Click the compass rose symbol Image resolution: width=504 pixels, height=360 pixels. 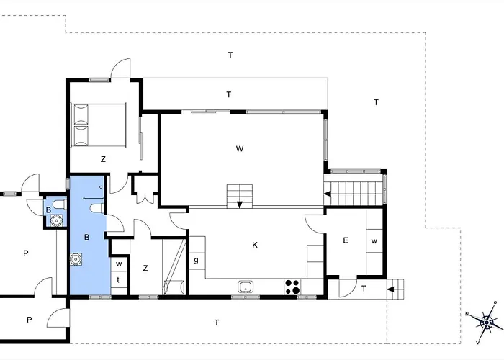coord(486,322)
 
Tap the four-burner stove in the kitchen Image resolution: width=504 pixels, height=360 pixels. coord(292,287)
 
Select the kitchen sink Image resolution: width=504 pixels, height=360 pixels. coord(246,287)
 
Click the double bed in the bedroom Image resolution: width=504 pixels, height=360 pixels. coord(99,125)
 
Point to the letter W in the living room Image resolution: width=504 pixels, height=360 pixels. coord(240,149)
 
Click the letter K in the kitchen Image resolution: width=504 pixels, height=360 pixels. coord(255,246)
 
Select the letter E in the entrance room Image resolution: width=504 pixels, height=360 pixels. coord(346,240)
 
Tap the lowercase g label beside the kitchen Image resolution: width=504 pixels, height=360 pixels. coord(196,261)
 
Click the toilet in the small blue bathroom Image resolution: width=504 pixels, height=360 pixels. coord(60,204)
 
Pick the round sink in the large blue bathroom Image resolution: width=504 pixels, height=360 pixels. coord(76,259)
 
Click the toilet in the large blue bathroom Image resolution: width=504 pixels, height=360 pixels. coord(97,208)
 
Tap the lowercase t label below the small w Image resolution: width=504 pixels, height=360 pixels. coord(118,280)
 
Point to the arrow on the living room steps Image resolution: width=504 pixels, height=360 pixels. coord(240,204)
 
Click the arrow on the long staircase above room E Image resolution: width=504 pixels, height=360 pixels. coord(327,194)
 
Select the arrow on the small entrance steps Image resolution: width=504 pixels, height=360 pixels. coord(390,289)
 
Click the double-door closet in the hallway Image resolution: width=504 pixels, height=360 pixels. coord(145,189)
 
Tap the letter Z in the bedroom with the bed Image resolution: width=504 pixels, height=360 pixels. coord(103,159)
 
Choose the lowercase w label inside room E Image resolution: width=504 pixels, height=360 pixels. coord(374,241)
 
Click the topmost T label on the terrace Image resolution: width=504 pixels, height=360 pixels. coord(230,55)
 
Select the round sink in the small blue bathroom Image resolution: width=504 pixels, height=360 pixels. coord(57,221)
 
